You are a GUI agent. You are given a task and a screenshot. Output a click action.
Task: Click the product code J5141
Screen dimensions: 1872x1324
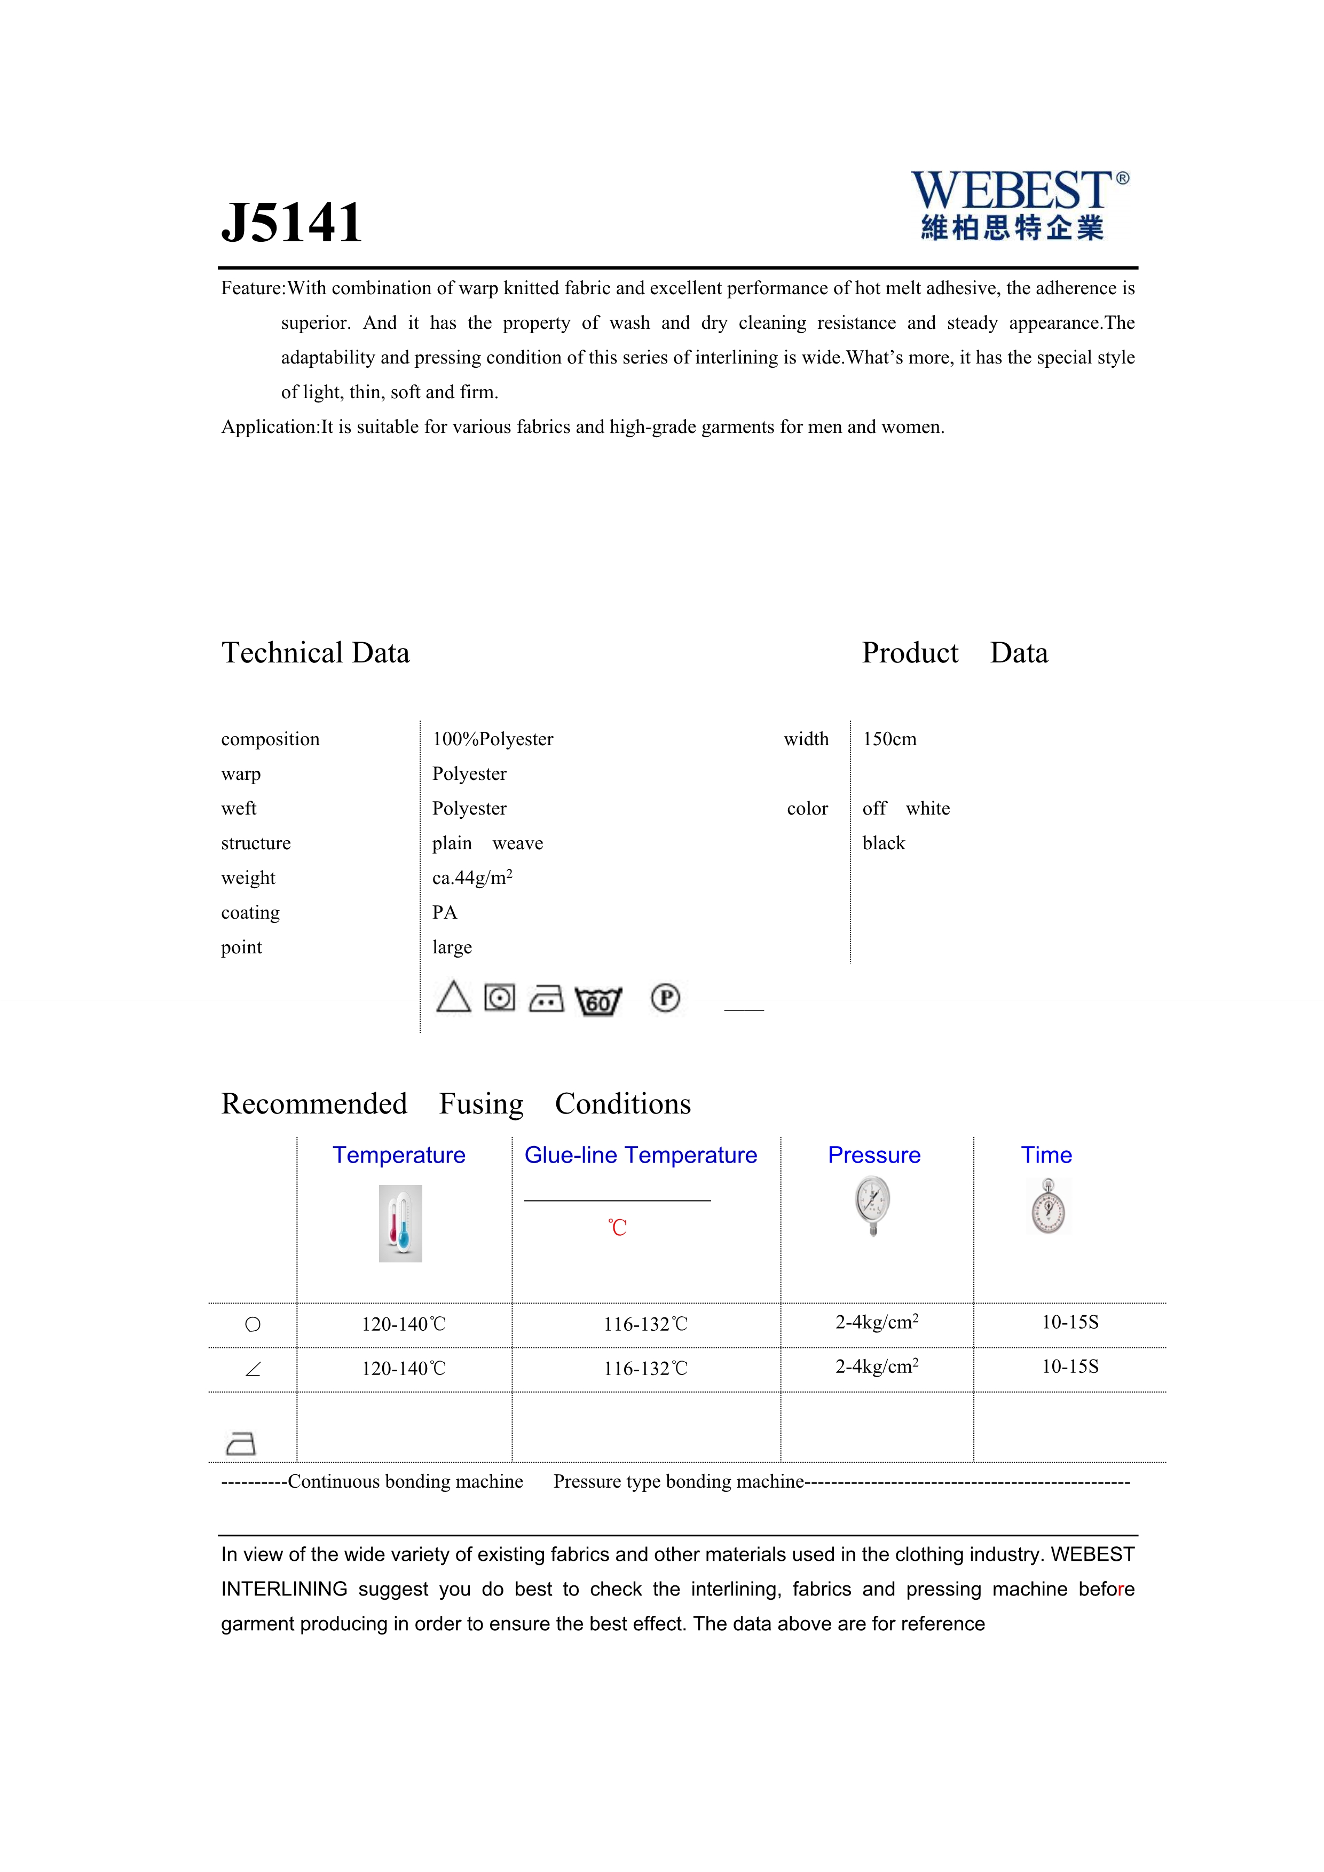pos(292,223)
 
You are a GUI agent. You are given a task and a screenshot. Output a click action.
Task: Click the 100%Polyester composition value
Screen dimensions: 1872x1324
pos(492,739)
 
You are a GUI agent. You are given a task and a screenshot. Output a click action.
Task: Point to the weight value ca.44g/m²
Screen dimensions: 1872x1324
pos(472,878)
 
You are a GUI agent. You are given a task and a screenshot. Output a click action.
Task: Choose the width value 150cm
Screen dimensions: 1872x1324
pos(889,739)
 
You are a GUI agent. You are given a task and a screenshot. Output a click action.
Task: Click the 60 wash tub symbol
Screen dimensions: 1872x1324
pos(598,1000)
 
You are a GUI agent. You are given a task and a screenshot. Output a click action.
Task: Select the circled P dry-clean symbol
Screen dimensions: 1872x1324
pos(665,998)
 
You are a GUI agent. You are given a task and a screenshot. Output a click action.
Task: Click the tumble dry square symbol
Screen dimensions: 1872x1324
pos(500,997)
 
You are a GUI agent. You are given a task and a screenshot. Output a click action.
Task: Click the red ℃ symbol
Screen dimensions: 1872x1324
pos(617,1227)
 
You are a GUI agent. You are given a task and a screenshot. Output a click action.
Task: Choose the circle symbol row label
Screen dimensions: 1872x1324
pos(253,1324)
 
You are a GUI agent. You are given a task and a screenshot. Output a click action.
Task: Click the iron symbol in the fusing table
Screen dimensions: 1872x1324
pos(240,1443)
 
